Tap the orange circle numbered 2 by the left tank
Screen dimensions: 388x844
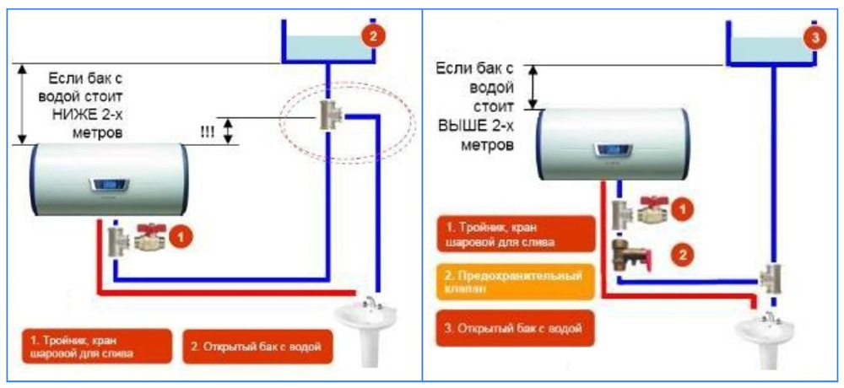point(373,36)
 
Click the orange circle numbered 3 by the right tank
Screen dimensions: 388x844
point(813,38)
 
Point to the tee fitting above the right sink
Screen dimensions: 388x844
point(770,277)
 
